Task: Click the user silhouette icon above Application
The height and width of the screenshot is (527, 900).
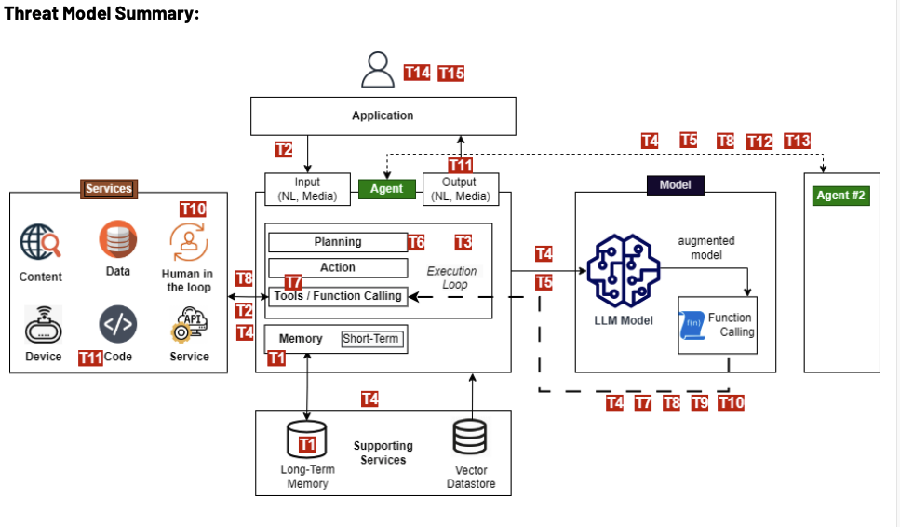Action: tap(379, 70)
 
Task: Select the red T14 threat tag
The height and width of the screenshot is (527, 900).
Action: tap(417, 73)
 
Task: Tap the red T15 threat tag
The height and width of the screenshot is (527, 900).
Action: tap(451, 74)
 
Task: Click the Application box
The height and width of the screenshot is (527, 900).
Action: tap(383, 115)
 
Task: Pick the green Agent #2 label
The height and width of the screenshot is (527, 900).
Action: tap(841, 196)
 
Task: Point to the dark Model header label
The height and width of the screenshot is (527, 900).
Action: tap(675, 185)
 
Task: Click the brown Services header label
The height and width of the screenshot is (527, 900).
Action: tap(109, 189)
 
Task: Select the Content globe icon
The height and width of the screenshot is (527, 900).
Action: tap(41, 242)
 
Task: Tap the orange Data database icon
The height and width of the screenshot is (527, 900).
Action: tap(118, 240)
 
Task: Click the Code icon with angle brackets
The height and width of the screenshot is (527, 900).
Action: tap(118, 324)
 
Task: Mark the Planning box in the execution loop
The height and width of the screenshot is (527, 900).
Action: tap(338, 242)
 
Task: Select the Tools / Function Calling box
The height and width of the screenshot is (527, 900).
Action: tap(338, 296)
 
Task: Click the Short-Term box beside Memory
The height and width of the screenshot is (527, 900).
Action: tap(370, 339)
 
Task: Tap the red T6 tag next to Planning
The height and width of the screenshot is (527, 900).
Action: tap(416, 243)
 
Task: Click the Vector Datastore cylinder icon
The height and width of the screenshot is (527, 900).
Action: tap(470, 438)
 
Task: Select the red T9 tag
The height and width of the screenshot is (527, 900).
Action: tap(699, 402)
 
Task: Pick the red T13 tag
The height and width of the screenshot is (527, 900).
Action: tap(798, 141)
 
